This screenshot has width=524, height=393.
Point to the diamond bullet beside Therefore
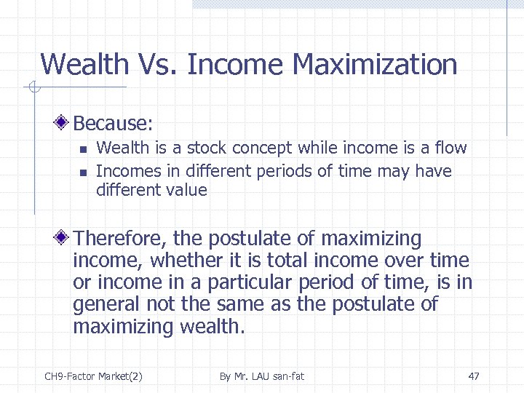64,239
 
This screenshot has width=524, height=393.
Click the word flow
450,148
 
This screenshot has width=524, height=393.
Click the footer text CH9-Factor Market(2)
93,376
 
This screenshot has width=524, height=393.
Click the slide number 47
474,376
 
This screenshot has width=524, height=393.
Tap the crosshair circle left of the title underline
33,89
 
